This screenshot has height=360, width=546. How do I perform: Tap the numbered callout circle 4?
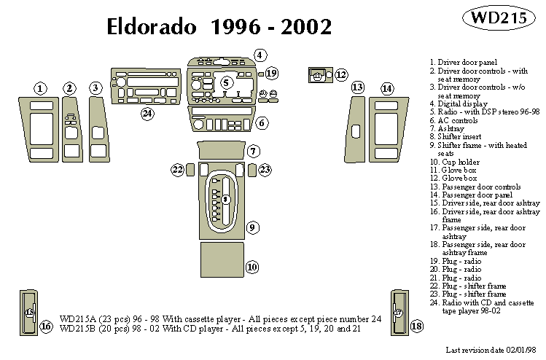[260, 55]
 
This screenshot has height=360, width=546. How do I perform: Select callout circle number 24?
[147, 113]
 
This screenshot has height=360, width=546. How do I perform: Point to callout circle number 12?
[341, 74]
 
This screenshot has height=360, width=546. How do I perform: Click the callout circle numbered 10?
[252, 267]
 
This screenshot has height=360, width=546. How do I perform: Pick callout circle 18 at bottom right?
[417, 326]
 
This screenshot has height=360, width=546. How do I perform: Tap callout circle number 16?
[46, 326]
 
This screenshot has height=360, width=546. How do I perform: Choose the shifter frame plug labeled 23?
[251, 170]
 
